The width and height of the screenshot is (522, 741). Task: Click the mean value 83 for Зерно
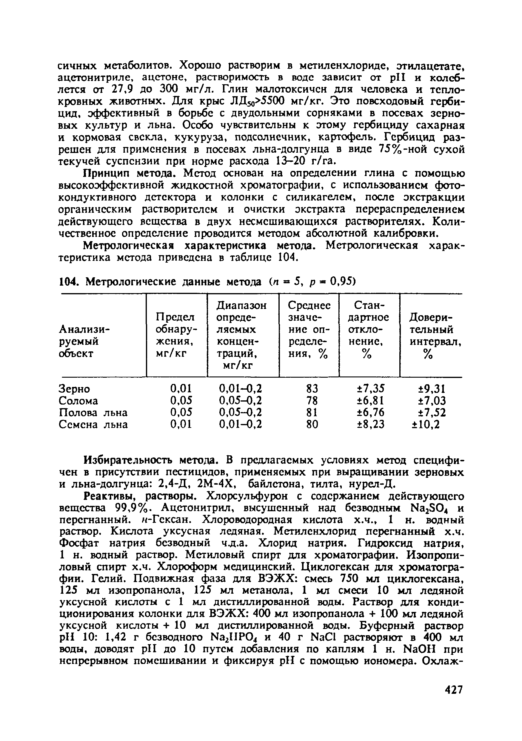click(x=312, y=388)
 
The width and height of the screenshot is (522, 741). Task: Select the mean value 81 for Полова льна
click(x=312, y=412)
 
